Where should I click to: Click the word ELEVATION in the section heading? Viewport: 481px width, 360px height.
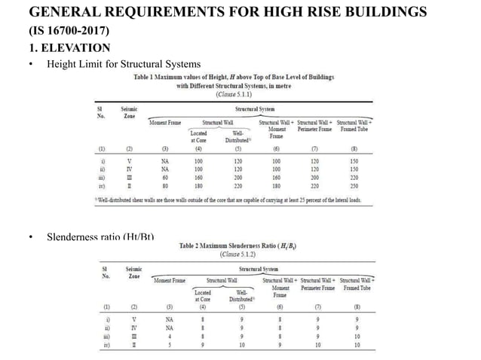pos(70,48)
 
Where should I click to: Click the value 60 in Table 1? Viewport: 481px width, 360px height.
pos(166,175)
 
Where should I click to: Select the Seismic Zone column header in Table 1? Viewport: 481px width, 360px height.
pos(128,113)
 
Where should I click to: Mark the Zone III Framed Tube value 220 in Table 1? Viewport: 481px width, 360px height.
pos(354,175)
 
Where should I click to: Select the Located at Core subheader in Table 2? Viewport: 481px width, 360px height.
pos(203,295)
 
